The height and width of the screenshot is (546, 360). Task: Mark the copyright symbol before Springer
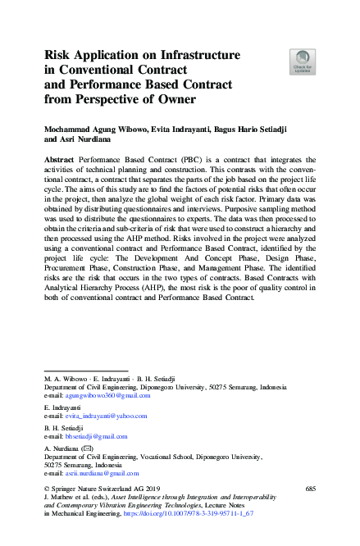[46, 489]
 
